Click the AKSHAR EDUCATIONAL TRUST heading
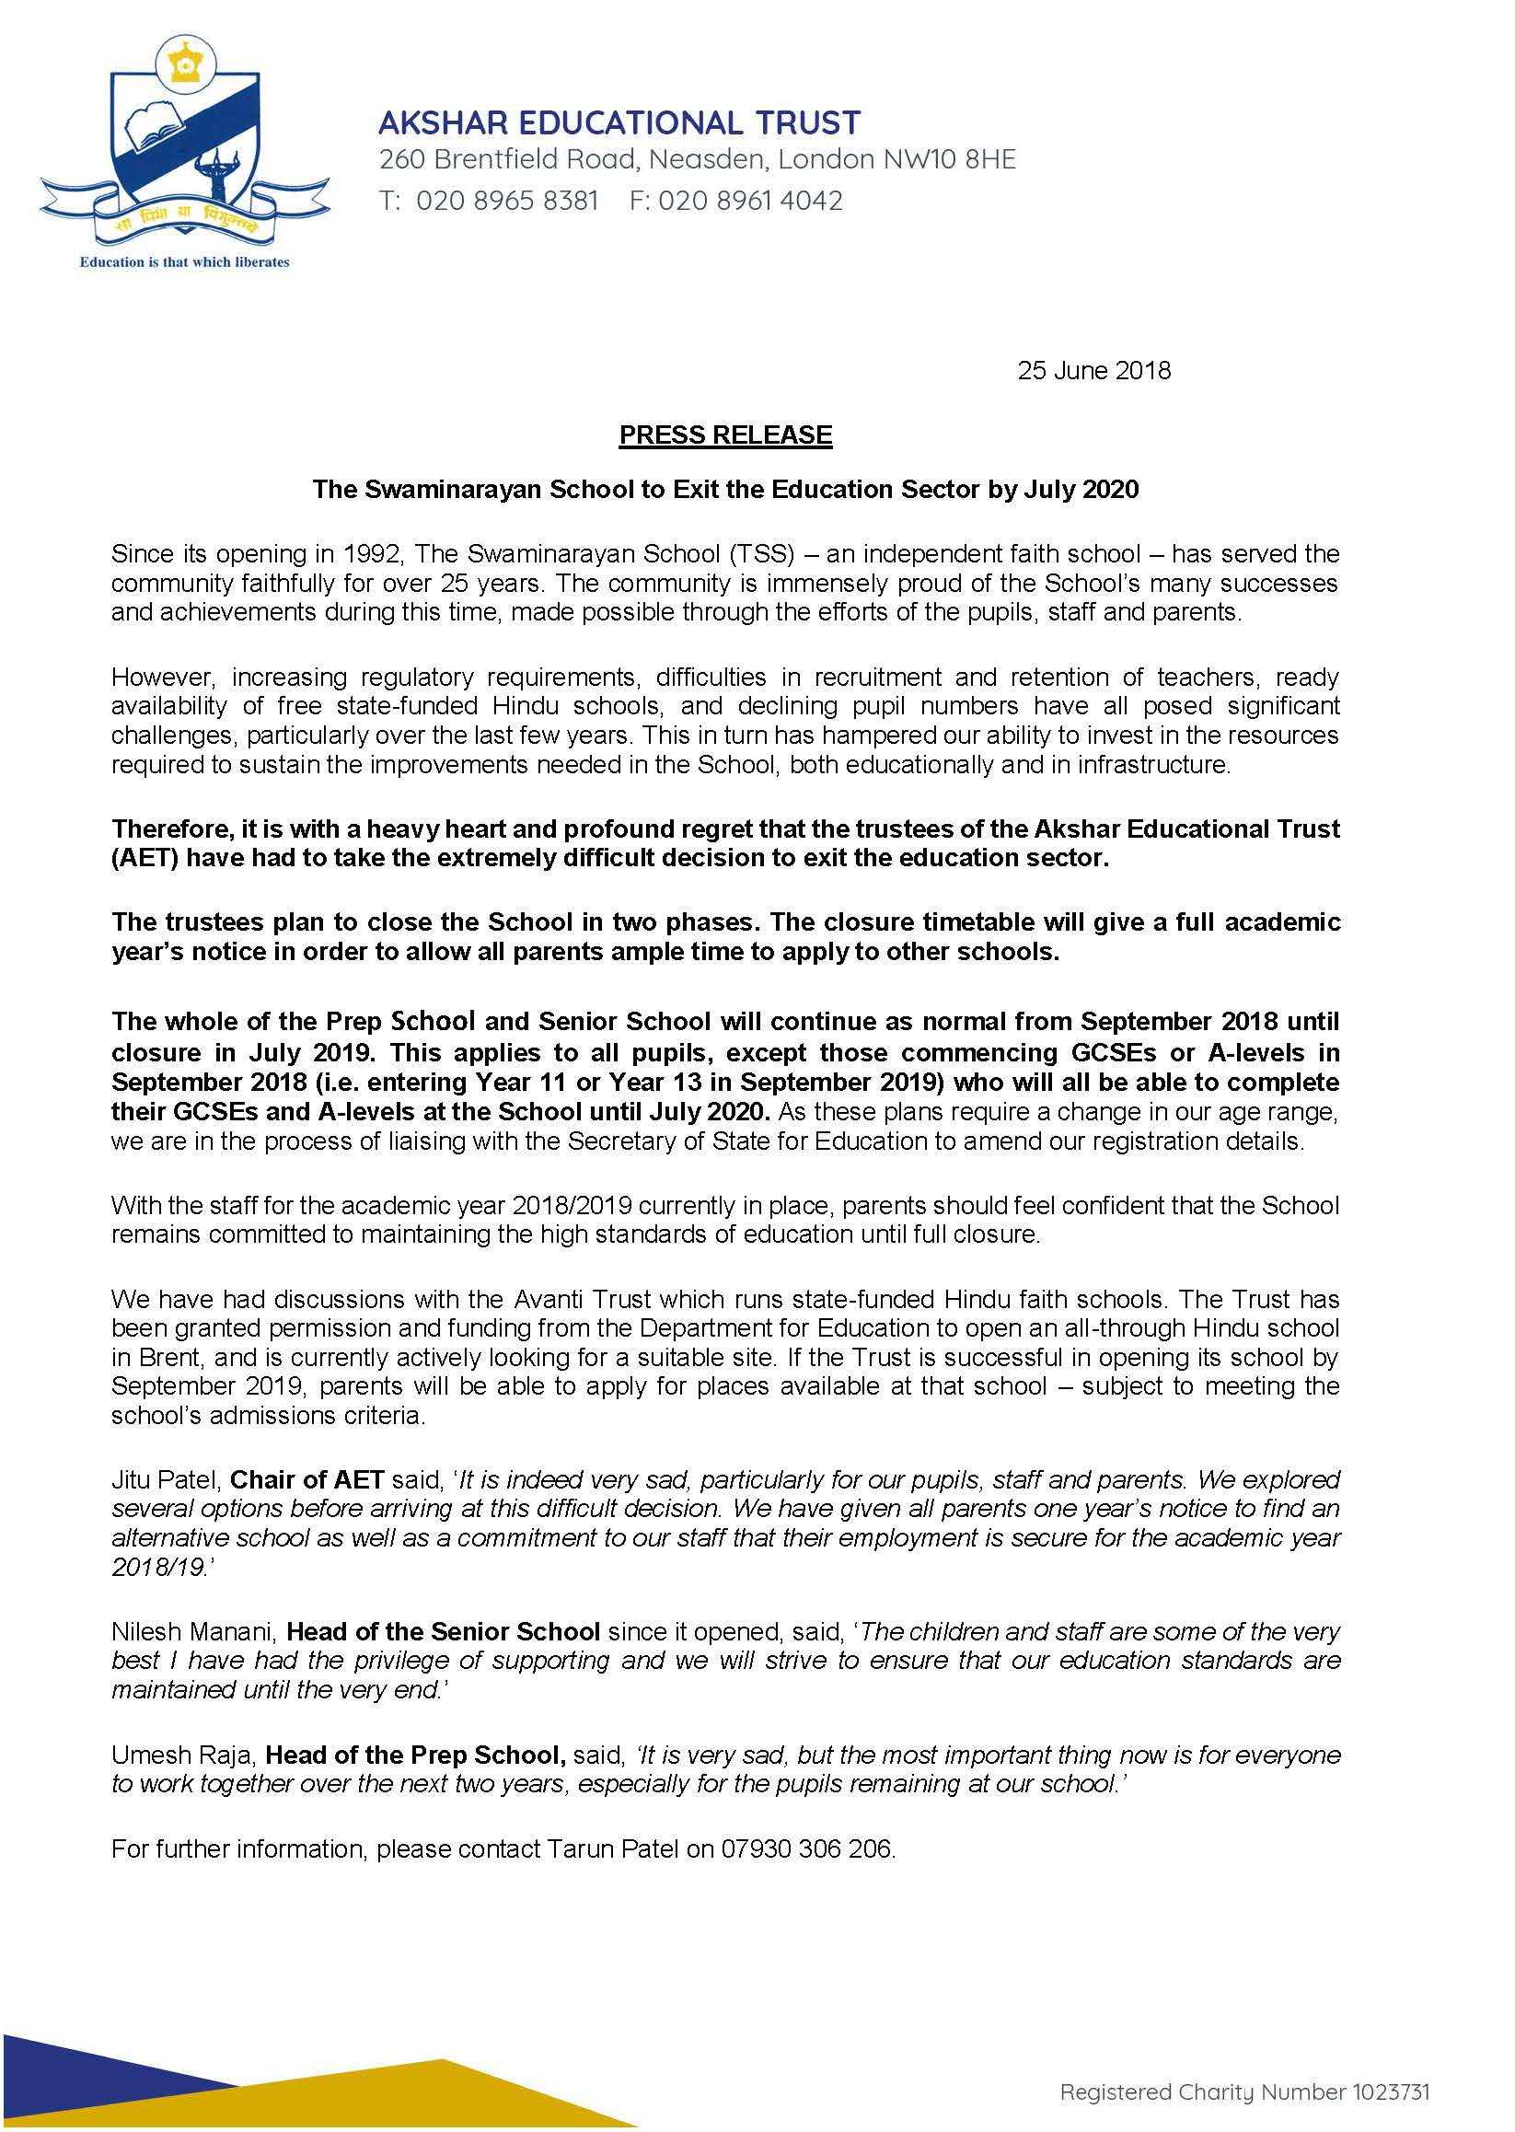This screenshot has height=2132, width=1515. click(x=619, y=122)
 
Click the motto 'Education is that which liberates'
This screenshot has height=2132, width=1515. click(x=185, y=262)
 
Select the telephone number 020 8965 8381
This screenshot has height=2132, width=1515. click(x=506, y=201)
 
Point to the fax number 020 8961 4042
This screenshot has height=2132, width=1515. click(x=750, y=201)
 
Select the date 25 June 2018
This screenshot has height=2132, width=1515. click(x=1093, y=370)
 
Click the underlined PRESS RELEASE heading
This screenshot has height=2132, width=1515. click(x=725, y=435)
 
